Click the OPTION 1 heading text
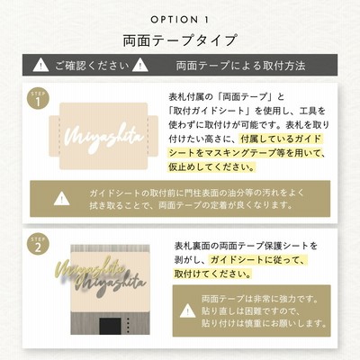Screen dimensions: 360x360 pos(179,20)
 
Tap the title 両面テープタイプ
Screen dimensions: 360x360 pos(180,40)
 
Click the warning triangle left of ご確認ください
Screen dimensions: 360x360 pos(40,65)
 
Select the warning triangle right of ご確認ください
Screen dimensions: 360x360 pos(140,65)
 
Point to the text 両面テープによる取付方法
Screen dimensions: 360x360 pos(240,66)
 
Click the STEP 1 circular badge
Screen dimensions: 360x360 pos(38,99)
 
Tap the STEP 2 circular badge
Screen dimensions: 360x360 pos(38,245)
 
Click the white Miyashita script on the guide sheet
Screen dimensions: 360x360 pos(104,139)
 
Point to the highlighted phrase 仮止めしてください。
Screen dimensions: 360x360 pos(211,167)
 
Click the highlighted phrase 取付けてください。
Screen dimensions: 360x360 pos(212,274)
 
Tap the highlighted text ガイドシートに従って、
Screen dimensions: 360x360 pos(258,260)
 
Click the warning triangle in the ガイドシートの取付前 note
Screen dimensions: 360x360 pos(61,198)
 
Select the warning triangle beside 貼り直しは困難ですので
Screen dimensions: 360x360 pos(188,310)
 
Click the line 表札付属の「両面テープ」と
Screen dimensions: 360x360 pos(226,97)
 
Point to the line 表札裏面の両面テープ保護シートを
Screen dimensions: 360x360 pos(246,246)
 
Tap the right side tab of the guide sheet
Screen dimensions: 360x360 pos(153,136)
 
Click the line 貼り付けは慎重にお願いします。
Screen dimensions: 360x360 pos(264,323)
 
